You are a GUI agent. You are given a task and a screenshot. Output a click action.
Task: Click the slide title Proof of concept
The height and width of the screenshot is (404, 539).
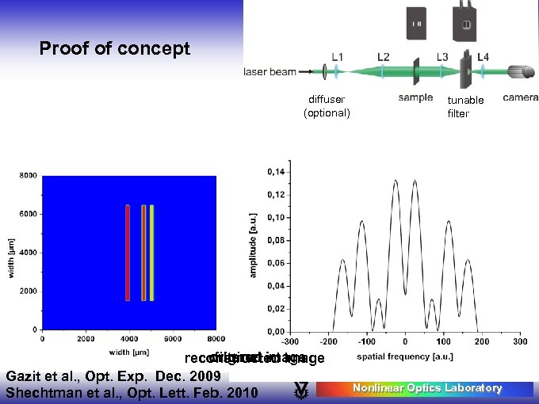[x=115, y=49]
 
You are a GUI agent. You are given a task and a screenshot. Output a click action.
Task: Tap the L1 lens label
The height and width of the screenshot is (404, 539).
[x=337, y=57]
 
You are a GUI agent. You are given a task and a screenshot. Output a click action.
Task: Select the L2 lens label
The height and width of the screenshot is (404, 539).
[x=383, y=57]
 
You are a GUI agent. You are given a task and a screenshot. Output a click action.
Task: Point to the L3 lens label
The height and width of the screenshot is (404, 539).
[x=444, y=57]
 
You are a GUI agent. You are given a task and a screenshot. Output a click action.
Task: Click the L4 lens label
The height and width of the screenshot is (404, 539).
[x=483, y=57]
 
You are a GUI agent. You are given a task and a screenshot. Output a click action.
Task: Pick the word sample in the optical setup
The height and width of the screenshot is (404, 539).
[x=415, y=98]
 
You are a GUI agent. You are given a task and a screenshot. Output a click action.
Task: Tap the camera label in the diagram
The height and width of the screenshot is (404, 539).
[x=521, y=98]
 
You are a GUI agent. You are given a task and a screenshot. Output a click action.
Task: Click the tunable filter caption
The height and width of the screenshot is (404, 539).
[x=465, y=107]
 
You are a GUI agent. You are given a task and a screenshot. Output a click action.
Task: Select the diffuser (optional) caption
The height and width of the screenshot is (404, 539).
[x=327, y=106]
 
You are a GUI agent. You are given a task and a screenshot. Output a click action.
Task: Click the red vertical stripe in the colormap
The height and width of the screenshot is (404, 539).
[x=128, y=253]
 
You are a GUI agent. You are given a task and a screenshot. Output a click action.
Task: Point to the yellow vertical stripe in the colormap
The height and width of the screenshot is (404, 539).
[x=151, y=253]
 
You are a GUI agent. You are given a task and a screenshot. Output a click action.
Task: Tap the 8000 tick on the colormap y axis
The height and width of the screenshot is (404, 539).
[x=28, y=176]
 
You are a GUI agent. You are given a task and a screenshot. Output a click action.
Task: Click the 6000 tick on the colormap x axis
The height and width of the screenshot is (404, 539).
[x=172, y=339]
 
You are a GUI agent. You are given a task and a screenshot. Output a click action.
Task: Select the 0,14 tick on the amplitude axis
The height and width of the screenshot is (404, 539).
[x=277, y=172]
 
